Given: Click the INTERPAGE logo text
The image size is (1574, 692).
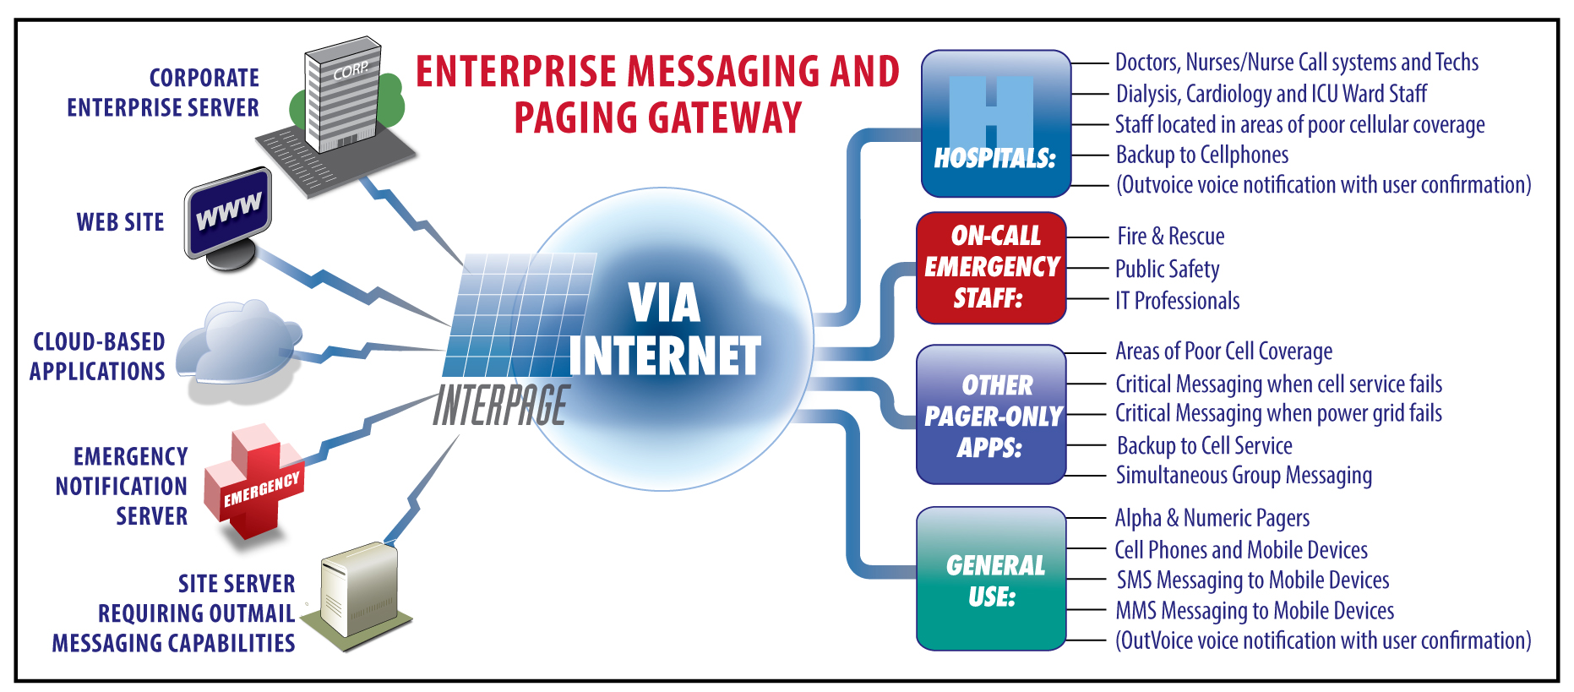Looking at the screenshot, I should pyautogui.click(x=502, y=405).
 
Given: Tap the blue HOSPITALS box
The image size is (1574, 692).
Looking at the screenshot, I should pyautogui.click(x=995, y=123).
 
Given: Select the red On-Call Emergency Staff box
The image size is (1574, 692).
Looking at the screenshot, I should pyautogui.click(x=991, y=267).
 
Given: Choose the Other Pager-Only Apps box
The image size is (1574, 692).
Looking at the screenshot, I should pyautogui.click(x=991, y=415).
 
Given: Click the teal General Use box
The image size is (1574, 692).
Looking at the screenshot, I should pyautogui.click(x=991, y=580).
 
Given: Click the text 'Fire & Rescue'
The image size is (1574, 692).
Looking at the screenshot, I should pyautogui.click(x=1170, y=237).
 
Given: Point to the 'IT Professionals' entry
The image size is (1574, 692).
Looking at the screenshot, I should pyautogui.click(x=1177, y=301).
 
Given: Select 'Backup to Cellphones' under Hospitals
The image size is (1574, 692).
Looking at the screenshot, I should pyautogui.click(x=1201, y=155).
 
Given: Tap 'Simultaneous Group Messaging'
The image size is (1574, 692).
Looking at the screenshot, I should pyautogui.click(x=1243, y=476).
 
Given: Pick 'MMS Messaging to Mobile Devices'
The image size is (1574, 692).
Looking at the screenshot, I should pyautogui.click(x=1254, y=611).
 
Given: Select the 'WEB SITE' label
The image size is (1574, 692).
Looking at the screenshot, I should pyautogui.click(x=120, y=222).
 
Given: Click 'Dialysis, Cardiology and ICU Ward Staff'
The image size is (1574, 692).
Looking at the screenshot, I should pyautogui.click(x=1271, y=94).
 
